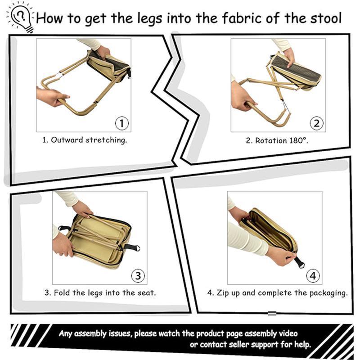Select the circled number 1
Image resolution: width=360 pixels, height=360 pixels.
(121, 123)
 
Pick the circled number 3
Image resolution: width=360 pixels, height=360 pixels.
(138, 275)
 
